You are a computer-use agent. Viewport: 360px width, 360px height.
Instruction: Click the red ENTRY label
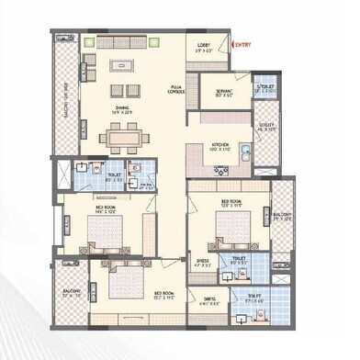245,44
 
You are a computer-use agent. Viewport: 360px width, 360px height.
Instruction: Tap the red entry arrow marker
233,44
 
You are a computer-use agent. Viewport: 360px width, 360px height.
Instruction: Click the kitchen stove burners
220,168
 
